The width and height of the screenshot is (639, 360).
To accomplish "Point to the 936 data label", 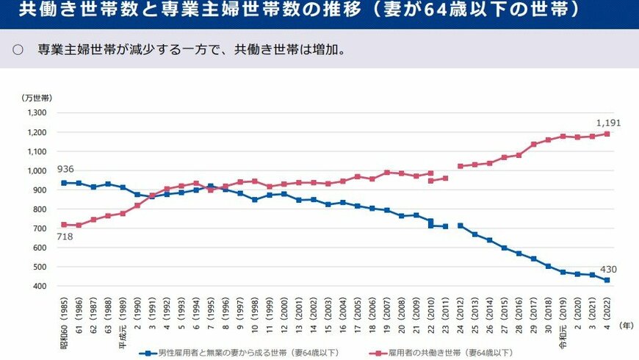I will tap(65, 169).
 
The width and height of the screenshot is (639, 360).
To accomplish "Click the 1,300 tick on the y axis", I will tap(37, 113).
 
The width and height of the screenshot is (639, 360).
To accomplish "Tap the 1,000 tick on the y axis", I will tap(37, 170).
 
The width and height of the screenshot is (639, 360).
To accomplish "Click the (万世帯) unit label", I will tap(37, 97).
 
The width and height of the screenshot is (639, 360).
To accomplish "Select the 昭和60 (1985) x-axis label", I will tap(65, 314).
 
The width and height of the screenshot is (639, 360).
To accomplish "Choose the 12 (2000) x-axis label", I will tap(284, 312).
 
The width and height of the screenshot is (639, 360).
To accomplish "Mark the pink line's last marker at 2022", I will tap(607, 134).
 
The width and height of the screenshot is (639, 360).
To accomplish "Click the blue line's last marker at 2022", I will tap(607, 280).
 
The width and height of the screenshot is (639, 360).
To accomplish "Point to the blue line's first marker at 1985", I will tap(65, 183).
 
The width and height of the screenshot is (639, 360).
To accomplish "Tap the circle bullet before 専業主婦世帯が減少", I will tap(18, 51).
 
